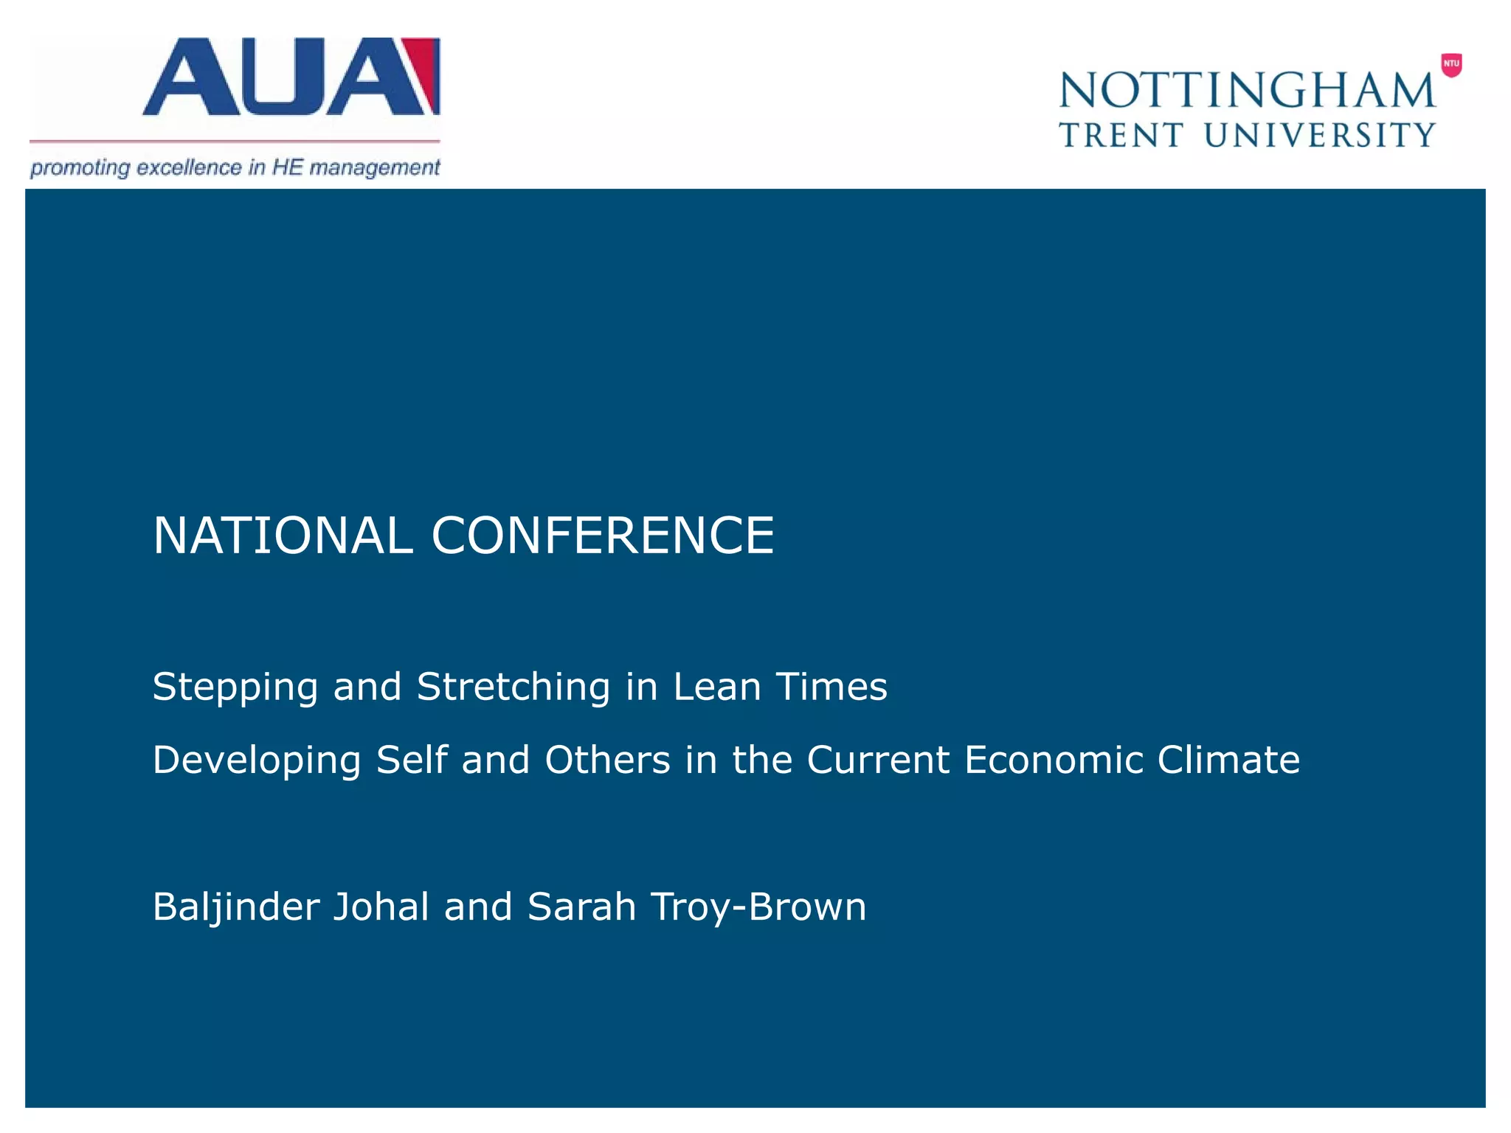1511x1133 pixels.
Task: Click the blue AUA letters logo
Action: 280,77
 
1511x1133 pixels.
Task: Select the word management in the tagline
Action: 374,168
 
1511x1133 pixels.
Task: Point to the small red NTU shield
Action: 1451,65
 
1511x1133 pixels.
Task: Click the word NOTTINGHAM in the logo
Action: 1247,91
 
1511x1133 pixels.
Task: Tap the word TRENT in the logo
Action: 1121,136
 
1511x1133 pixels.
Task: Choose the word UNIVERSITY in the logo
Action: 1320,136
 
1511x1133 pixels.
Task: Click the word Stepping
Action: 235,687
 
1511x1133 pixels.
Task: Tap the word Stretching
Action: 514,687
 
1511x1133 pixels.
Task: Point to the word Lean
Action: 716,687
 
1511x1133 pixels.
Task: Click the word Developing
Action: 257,760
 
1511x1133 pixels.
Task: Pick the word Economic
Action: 1053,760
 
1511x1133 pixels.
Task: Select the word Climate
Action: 1228,760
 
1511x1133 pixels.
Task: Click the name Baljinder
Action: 235,907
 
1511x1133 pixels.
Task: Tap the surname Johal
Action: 381,907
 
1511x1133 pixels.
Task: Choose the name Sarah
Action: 581,907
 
